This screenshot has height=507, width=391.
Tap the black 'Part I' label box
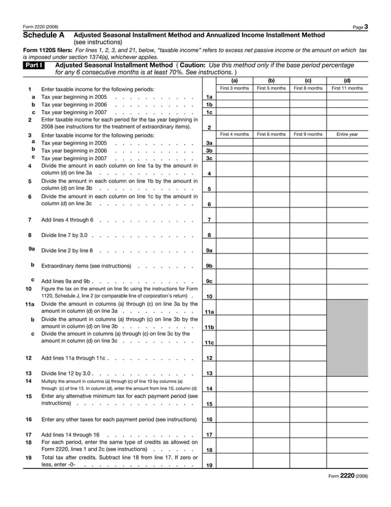[x=31, y=64]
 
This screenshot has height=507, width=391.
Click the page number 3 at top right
[x=365, y=26]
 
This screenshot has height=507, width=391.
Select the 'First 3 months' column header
[x=234, y=88]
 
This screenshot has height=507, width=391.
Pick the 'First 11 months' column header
[x=347, y=88]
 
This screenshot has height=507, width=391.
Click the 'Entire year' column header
[x=347, y=134]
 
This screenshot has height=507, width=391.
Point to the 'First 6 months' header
[x=271, y=134]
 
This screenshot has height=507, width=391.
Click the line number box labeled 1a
[x=209, y=97]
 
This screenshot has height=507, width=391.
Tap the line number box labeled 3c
[x=209, y=158]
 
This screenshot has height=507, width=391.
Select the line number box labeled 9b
[x=209, y=266]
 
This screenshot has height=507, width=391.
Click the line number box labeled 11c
[x=209, y=343]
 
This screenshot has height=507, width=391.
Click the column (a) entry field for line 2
[x=234, y=123]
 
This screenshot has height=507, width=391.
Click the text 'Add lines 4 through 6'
[x=67, y=220]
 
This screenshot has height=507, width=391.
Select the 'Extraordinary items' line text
[x=86, y=266]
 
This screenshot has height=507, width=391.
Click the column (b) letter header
[x=271, y=80]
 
